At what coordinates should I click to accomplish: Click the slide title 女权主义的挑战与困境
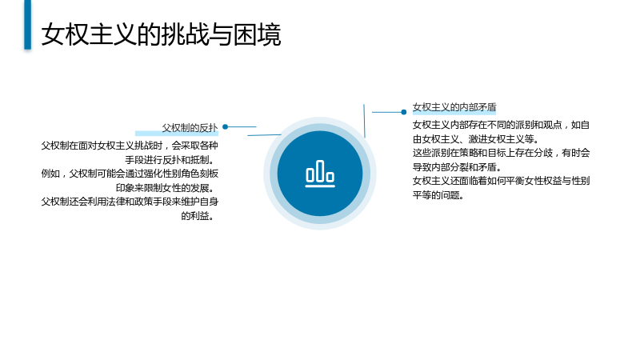pyautogui.click(x=162, y=34)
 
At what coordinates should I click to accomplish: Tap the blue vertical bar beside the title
pyautogui.click(x=27, y=25)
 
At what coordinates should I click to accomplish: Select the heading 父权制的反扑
pyautogui.click(x=190, y=128)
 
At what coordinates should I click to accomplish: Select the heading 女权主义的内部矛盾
pyautogui.click(x=454, y=107)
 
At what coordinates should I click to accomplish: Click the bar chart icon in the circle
pyautogui.click(x=320, y=174)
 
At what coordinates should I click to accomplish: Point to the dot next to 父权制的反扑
pyautogui.click(x=225, y=127)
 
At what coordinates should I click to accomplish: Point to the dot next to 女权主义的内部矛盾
pyautogui.click(x=404, y=112)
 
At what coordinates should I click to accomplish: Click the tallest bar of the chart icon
pyautogui.click(x=320, y=171)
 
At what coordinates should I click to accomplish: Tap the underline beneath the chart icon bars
pyautogui.click(x=320, y=186)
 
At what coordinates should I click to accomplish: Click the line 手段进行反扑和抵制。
pyautogui.click(x=171, y=160)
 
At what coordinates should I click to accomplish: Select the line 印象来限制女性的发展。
pyautogui.click(x=167, y=188)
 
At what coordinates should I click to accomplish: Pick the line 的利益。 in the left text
pyautogui.click(x=199, y=215)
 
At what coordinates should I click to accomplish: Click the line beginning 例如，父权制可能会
pyautogui.click(x=130, y=174)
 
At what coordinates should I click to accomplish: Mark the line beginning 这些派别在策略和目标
pyautogui.click(x=502, y=153)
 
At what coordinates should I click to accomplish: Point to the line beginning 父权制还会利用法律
pyautogui.click(x=130, y=202)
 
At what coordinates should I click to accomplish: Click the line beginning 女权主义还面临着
pyautogui.click(x=502, y=181)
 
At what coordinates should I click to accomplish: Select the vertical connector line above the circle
pyautogui.click(x=364, y=121)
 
